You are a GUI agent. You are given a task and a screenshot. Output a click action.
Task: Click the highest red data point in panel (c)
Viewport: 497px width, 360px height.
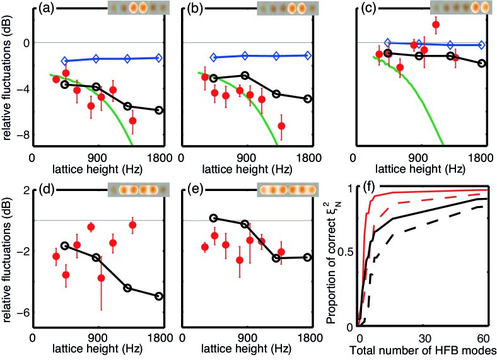coord(436,25)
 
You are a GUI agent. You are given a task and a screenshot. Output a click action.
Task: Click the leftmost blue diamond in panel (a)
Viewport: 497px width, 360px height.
coord(64,61)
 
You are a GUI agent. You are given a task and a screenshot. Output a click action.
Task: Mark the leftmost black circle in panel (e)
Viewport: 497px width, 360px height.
coord(213,218)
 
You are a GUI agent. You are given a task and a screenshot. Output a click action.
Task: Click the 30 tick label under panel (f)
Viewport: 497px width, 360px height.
coord(422,336)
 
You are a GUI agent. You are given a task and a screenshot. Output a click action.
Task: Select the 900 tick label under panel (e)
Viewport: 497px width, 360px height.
coord(247,336)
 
